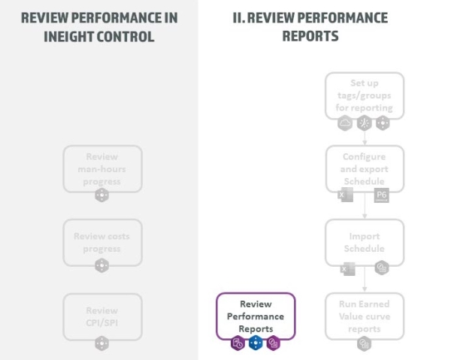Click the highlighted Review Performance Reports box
click(256, 316)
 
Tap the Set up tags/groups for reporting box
click(365, 95)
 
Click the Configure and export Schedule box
click(365, 168)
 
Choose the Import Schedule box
click(365, 242)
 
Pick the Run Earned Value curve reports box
click(365, 316)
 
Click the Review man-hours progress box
click(101, 168)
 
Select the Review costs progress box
click(101, 242)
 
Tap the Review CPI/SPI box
click(101, 316)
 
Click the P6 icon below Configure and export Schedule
click(382, 195)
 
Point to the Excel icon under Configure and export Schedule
click(347, 195)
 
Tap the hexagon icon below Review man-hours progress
click(101, 195)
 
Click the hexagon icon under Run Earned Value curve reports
click(365, 343)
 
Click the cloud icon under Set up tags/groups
click(345, 123)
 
